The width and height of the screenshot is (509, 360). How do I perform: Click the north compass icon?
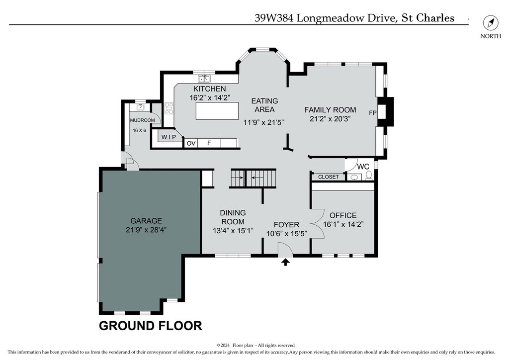(x=491, y=23)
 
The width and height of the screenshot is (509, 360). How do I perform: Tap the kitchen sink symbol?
(x=204, y=79)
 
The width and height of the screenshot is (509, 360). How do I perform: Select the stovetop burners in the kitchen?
(x=169, y=108)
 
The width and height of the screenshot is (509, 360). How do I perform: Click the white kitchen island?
(x=217, y=111)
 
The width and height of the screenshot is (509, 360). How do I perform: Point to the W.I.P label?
(x=169, y=137)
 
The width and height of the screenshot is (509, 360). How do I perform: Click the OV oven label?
(x=191, y=143)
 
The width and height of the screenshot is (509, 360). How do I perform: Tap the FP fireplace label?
(x=373, y=113)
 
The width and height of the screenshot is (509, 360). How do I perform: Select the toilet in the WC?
(x=369, y=176)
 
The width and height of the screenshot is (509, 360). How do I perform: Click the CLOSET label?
(x=328, y=177)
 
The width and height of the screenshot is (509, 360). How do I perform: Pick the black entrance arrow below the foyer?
(x=285, y=262)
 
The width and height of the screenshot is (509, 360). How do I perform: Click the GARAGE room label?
(x=146, y=221)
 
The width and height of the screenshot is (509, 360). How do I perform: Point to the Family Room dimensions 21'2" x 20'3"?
(x=330, y=119)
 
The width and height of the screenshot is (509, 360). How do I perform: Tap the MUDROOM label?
(x=142, y=120)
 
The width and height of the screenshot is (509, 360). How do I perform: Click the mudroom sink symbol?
(x=141, y=107)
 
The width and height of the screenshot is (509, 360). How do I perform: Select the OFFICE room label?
(x=343, y=215)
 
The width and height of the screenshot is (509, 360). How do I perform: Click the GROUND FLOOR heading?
(x=150, y=326)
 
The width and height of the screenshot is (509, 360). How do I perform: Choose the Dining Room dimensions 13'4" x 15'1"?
(x=233, y=231)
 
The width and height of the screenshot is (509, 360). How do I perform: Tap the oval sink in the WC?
(x=354, y=177)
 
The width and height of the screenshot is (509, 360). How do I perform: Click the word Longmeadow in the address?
(x=330, y=18)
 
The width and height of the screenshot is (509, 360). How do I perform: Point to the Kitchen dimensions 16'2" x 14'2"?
(x=210, y=97)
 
